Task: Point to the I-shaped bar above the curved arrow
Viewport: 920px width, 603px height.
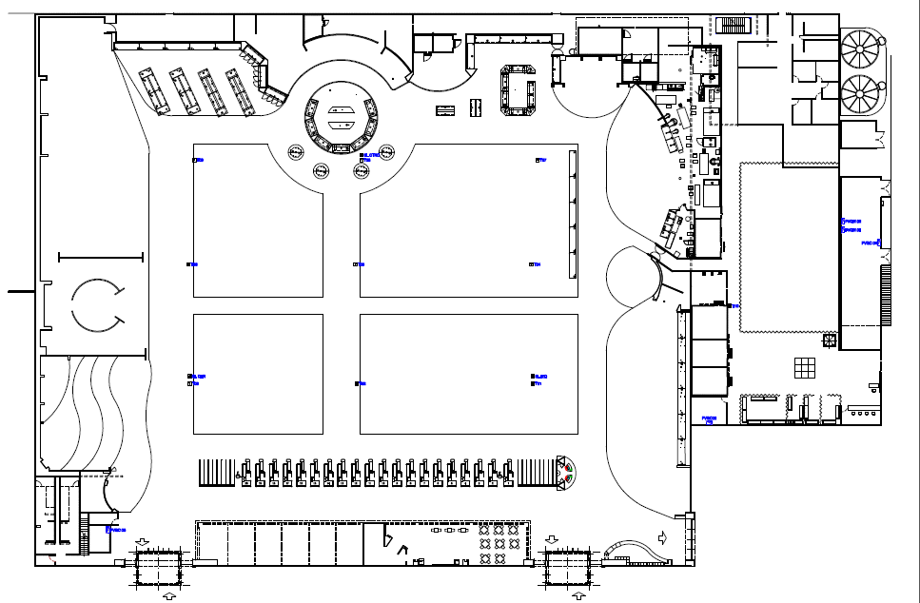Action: click(x=100, y=257)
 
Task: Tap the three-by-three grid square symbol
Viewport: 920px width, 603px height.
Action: click(x=806, y=366)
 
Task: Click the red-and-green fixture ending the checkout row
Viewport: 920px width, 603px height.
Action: click(x=566, y=473)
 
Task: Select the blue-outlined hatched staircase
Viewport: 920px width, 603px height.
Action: click(x=733, y=24)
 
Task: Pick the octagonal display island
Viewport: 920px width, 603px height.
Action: click(x=519, y=90)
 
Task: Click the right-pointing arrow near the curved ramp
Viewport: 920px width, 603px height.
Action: click(x=663, y=538)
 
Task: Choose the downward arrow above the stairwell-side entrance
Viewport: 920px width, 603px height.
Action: click(x=142, y=542)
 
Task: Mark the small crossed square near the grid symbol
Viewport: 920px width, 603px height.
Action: click(x=830, y=340)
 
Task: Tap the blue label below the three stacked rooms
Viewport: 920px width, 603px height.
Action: click(x=709, y=419)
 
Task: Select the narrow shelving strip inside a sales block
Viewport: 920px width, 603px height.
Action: click(x=573, y=214)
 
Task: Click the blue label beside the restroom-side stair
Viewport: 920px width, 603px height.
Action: click(x=116, y=530)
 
